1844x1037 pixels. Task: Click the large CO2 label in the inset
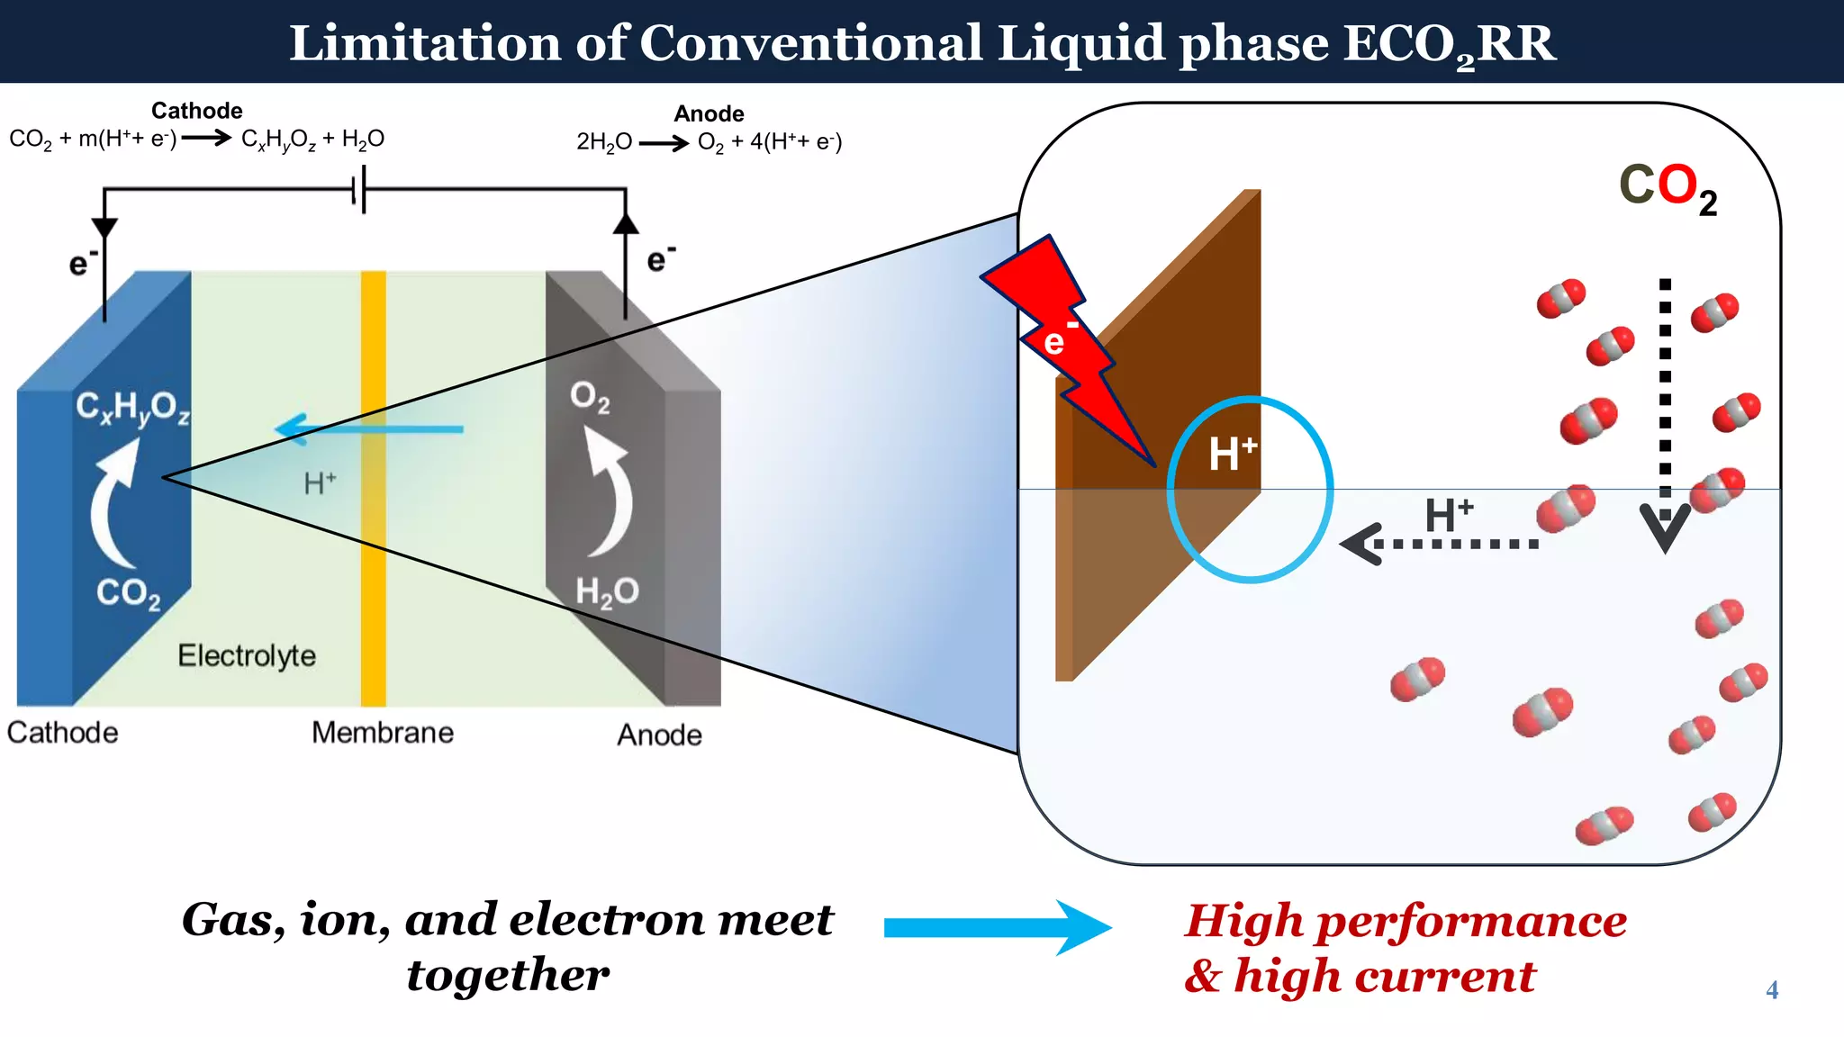[1667, 187]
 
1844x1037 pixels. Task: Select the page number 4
[1771, 990]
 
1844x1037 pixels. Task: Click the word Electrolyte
[247, 655]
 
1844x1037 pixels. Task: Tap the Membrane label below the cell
[383, 733]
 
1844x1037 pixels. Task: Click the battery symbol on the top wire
[359, 190]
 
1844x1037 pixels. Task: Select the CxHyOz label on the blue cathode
[132, 408]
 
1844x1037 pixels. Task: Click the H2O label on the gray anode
[606, 592]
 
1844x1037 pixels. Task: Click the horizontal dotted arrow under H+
[1441, 544]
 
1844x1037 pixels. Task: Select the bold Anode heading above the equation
[709, 113]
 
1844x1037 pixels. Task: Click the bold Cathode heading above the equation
[196, 110]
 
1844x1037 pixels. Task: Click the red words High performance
[1406, 920]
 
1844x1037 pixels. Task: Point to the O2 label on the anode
[590, 396]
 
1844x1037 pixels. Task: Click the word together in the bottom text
[508, 975]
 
